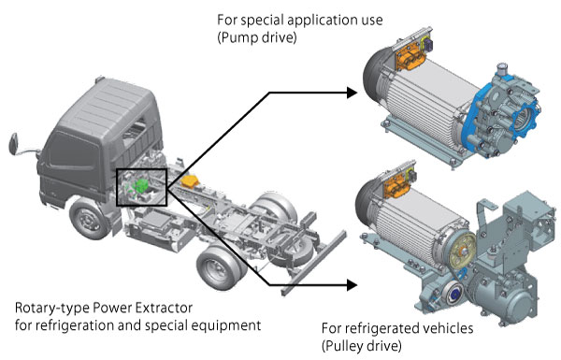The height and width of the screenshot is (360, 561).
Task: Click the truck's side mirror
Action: [x=14, y=144]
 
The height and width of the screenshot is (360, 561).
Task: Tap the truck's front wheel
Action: [x=88, y=219]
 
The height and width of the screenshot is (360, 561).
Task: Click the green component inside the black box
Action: [x=141, y=186]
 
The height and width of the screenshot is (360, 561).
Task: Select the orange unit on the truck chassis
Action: [x=190, y=181]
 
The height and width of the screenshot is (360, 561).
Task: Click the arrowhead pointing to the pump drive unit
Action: [x=352, y=93]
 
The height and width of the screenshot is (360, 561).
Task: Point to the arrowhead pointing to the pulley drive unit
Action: [x=352, y=285]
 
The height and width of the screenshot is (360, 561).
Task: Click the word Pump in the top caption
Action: [x=237, y=37]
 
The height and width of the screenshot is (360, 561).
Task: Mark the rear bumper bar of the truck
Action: [x=314, y=263]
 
